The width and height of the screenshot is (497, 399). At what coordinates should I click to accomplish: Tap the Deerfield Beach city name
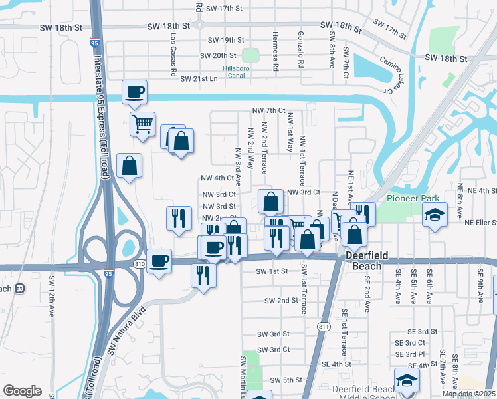[363, 261]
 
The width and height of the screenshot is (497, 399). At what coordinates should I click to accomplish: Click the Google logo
[22, 391]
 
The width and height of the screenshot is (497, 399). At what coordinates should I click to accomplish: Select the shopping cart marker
[142, 124]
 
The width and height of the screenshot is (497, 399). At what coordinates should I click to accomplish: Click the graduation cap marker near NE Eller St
[435, 215]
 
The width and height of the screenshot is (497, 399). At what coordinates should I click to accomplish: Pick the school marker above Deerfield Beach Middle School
[407, 380]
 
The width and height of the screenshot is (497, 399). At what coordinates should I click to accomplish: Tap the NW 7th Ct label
[268, 110]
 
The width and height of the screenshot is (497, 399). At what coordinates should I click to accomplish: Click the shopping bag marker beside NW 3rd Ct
[270, 201]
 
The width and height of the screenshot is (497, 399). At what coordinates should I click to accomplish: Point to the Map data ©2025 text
[468, 394]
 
